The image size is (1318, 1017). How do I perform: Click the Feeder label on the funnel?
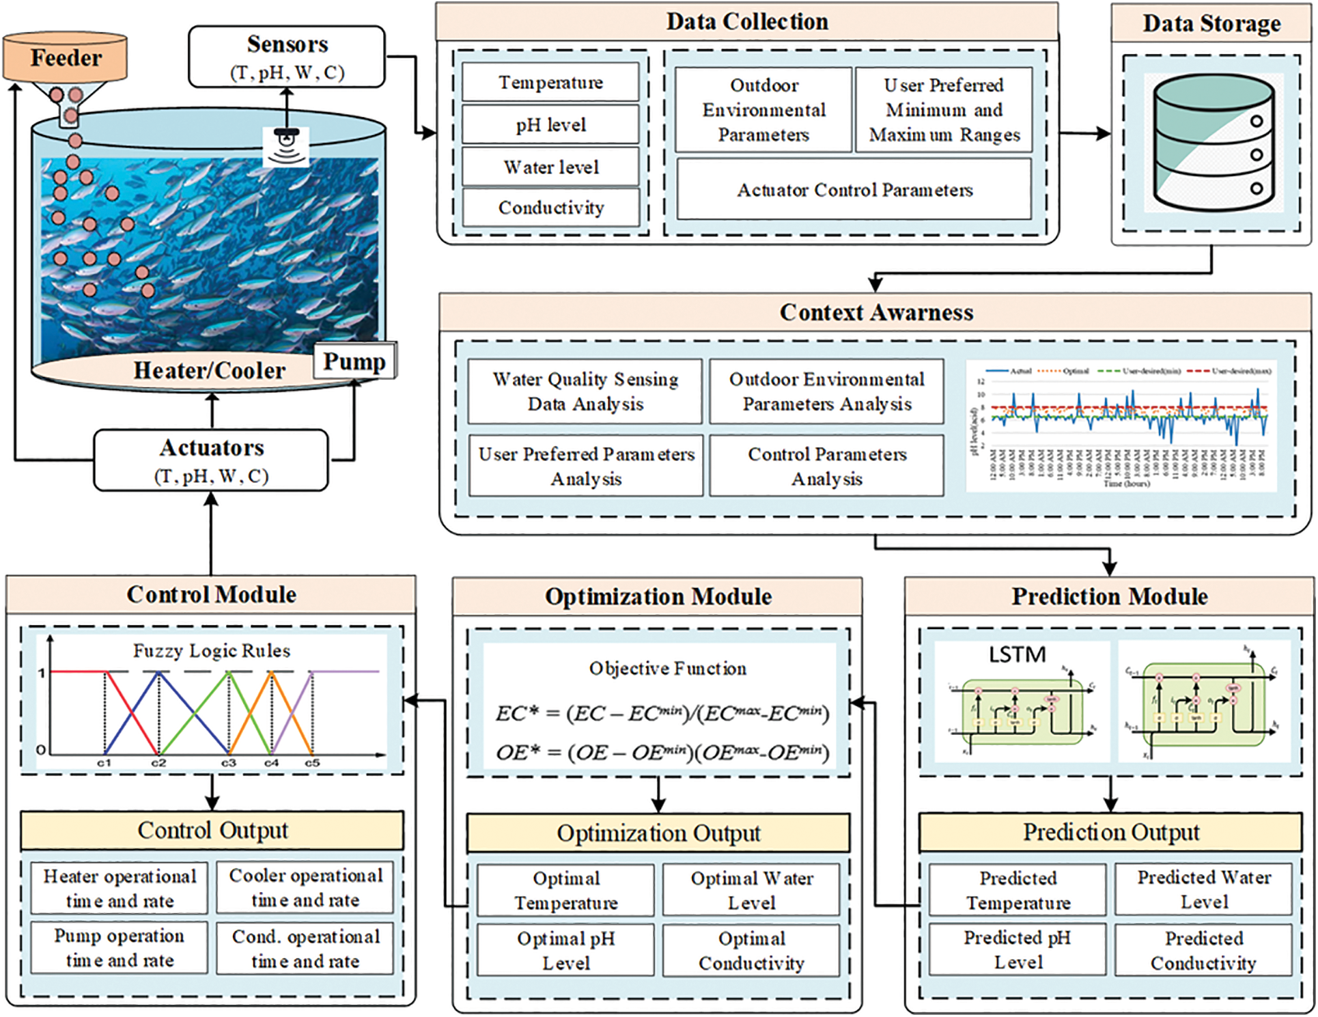pyautogui.click(x=66, y=57)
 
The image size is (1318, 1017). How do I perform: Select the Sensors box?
pyautogui.click(x=287, y=57)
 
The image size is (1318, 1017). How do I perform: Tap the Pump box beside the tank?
pyautogui.click(x=354, y=361)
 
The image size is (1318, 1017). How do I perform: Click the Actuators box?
pyautogui.click(x=211, y=460)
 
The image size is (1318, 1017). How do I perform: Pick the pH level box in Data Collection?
pyautogui.click(x=550, y=124)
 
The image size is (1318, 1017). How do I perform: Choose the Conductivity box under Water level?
pyautogui.click(x=550, y=208)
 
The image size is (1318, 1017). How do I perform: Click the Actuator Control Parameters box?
pyautogui.click(x=854, y=190)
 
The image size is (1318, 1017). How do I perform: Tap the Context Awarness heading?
pyautogui.click(x=875, y=312)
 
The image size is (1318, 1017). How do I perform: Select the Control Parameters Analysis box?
pyautogui.click(x=826, y=466)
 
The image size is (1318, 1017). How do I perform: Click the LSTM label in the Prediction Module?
pyautogui.click(x=1017, y=654)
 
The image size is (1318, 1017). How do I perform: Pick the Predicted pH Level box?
pyautogui.click(x=1017, y=949)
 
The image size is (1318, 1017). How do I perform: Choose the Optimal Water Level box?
pyautogui.click(x=751, y=890)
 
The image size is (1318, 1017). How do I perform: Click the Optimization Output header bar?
pyautogui.click(x=658, y=833)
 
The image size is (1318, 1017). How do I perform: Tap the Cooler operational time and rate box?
pyautogui.click(x=305, y=887)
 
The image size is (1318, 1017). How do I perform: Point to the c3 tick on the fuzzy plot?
pyautogui.click(x=228, y=762)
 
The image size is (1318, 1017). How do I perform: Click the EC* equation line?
pyautogui.click(x=662, y=714)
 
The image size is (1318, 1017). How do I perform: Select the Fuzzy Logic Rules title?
pyautogui.click(x=211, y=650)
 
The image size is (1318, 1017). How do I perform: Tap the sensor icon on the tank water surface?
pyautogui.click(x=286, y=145)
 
